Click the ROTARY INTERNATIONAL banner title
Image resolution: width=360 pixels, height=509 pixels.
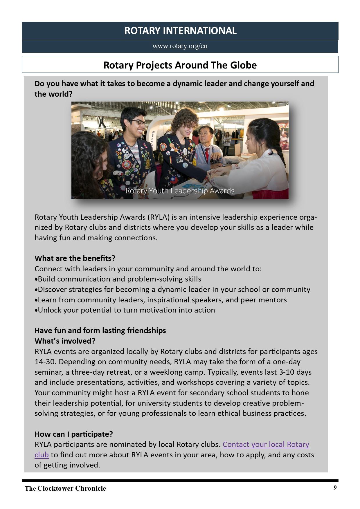point(180,31)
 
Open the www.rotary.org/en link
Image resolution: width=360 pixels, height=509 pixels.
point(180,46)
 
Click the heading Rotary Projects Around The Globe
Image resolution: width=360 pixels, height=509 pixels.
point(180,65)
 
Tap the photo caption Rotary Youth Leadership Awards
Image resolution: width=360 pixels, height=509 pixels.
point(180,191)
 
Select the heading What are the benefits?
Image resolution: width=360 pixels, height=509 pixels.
point(75,258)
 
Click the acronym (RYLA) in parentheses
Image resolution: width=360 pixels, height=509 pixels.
point(158,217)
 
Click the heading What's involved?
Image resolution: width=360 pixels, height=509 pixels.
point(65,341)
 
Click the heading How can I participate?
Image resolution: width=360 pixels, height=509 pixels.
point(74,434)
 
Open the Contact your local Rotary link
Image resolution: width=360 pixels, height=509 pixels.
point(266,444)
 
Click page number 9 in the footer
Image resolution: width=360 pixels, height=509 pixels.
point(335,488)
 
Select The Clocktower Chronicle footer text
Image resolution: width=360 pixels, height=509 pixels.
point(65,488)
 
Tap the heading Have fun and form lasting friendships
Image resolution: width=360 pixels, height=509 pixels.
point(100,331)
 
